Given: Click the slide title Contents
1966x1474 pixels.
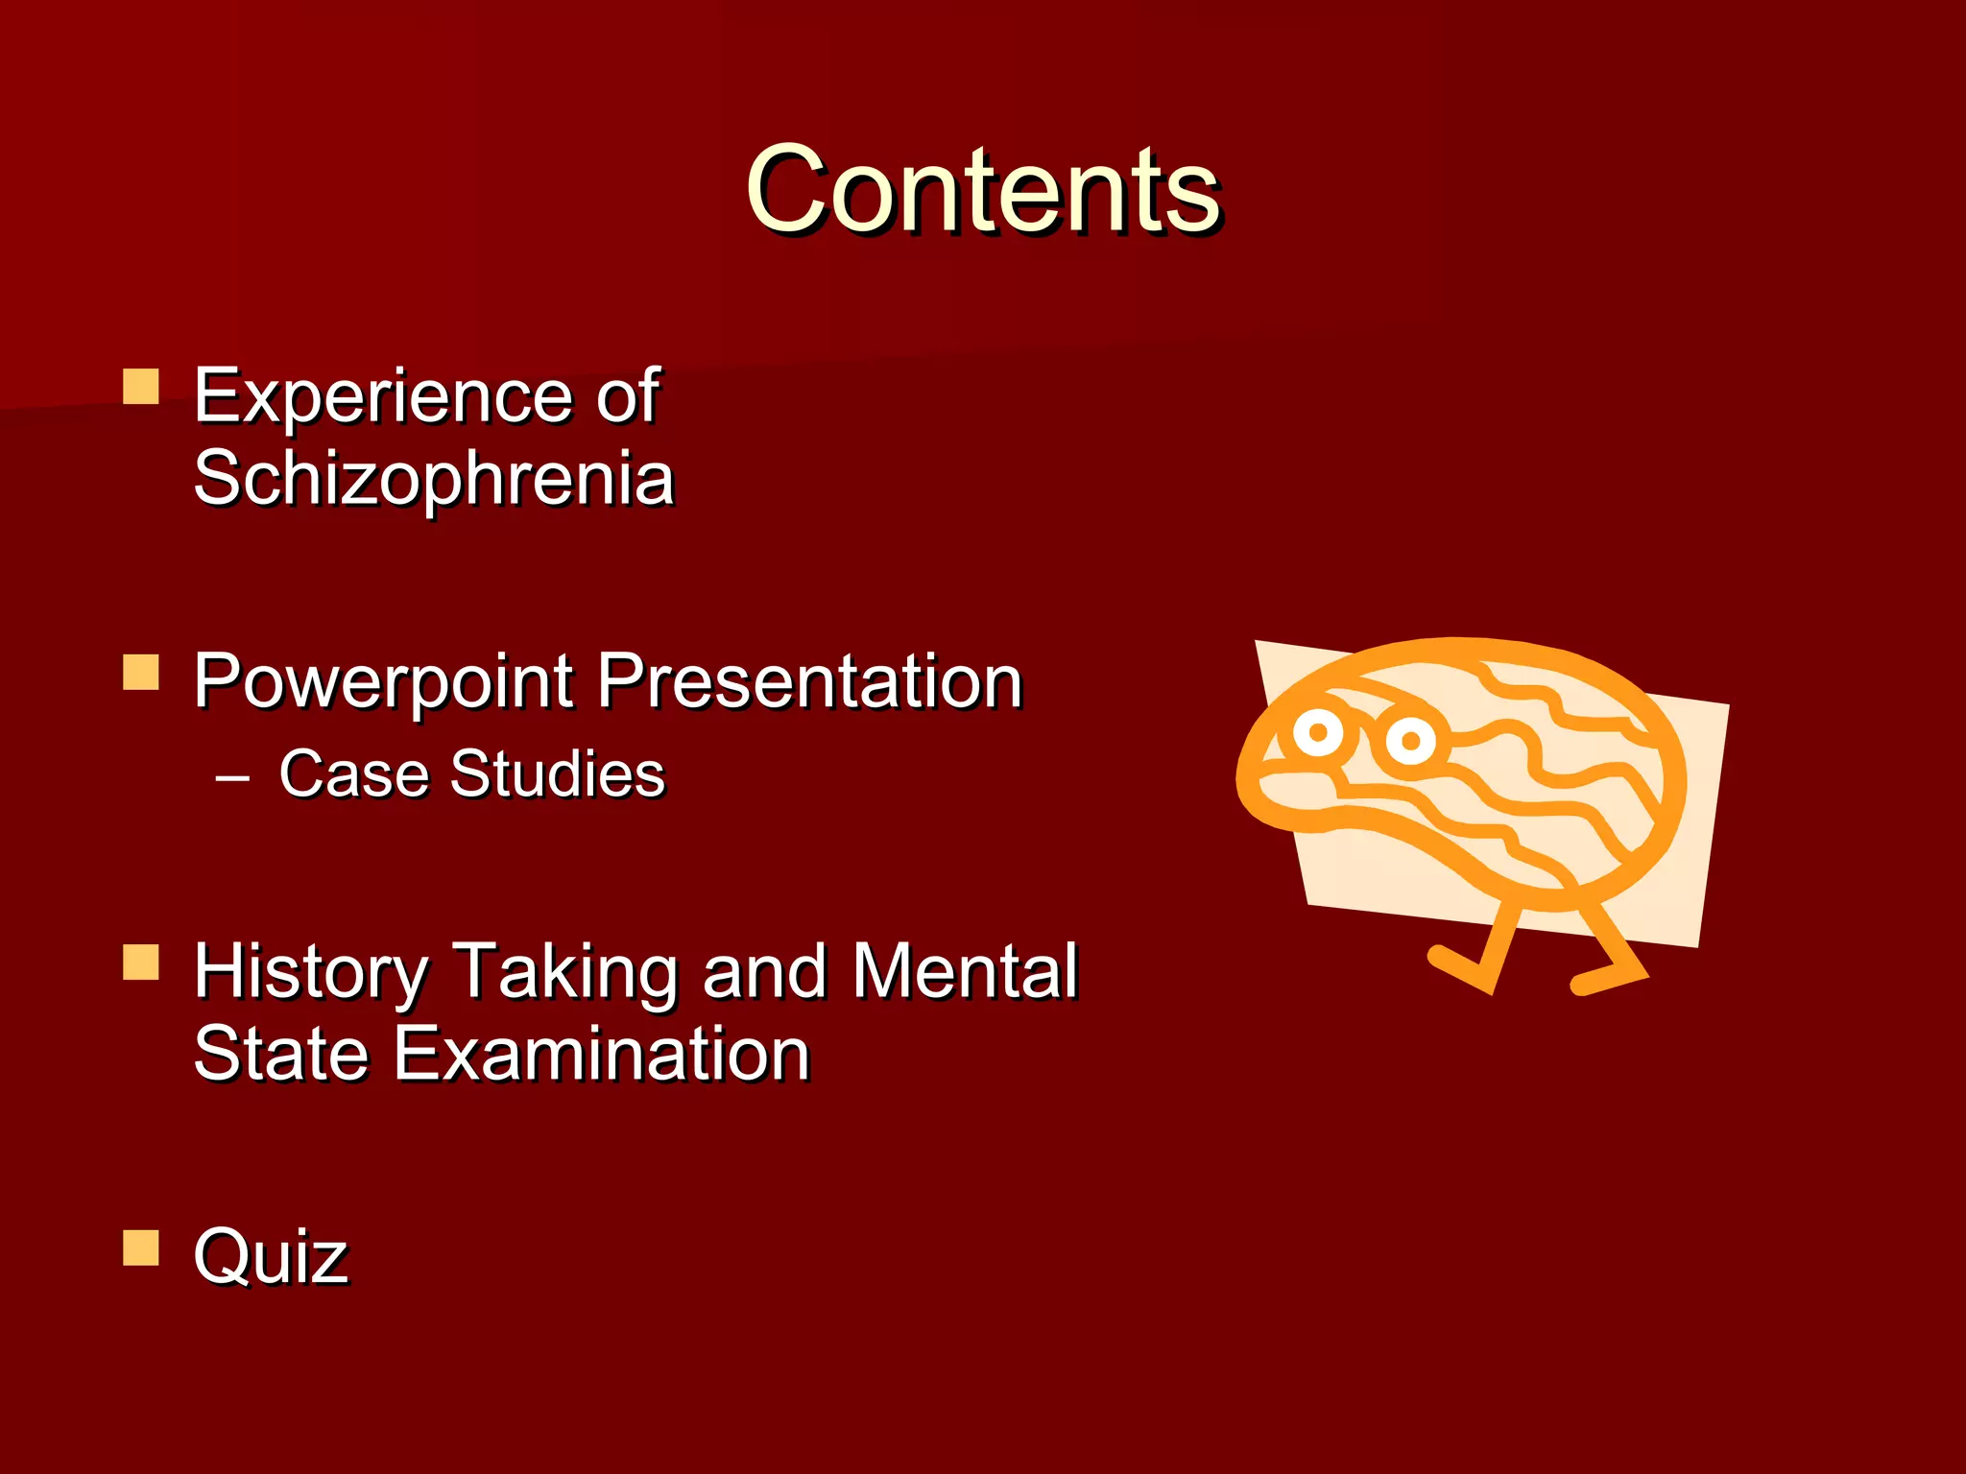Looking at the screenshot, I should click(983, 189).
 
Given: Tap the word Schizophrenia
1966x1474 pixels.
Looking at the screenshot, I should click(434, 478).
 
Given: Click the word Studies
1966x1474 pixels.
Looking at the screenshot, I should click(557, 773).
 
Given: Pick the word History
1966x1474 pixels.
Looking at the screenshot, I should click(311, 971).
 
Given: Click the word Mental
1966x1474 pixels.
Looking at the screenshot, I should click(965, 971).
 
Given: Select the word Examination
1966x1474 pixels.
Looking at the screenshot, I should click(602, 1054).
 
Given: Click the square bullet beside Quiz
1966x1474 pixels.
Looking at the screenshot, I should click(141, 1248).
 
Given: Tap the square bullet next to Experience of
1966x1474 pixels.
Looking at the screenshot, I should click(141, 387).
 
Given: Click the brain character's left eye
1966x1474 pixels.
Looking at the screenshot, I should click(1318, 733).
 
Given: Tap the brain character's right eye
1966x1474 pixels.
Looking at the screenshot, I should click(1410, 741).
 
